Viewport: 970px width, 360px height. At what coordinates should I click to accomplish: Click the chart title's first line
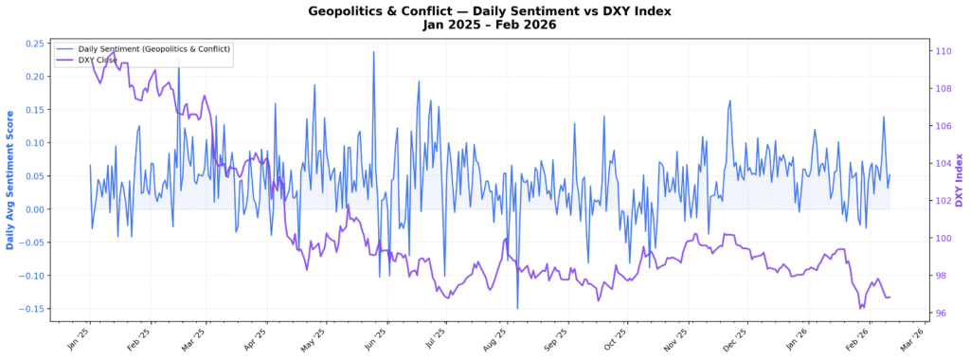point(485,10)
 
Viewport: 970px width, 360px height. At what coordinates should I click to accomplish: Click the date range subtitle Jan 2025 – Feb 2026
point(485,25)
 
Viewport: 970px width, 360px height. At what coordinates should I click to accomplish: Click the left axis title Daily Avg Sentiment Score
point(10,180)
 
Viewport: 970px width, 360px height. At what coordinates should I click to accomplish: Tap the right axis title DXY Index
point(959,180)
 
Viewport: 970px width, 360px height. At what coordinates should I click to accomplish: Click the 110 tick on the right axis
point(943,51)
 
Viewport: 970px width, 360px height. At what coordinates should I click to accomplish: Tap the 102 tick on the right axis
point(943,201)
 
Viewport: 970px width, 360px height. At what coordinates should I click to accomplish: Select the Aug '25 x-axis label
point(494,336)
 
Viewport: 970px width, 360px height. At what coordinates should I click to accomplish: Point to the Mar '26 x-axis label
point(910,336)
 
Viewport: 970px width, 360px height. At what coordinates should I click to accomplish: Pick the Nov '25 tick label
point(674,336)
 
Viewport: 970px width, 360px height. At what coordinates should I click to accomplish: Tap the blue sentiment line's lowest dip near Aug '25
point(517,308)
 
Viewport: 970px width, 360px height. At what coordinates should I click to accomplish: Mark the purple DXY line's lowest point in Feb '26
point(860,308)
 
